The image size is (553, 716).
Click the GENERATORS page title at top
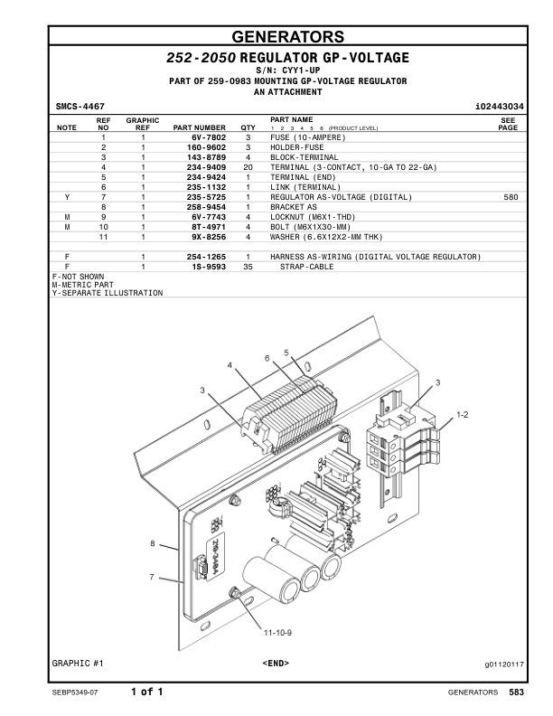276,37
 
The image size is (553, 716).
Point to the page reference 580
511,196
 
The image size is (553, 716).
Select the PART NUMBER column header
199,127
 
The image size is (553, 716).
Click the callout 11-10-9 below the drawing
277,629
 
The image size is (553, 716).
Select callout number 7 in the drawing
152,577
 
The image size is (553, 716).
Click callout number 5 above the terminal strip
286,352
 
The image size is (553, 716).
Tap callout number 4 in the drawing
230,365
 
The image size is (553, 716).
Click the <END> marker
276,664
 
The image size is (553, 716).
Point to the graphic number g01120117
504,664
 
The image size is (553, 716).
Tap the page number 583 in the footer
516,692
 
